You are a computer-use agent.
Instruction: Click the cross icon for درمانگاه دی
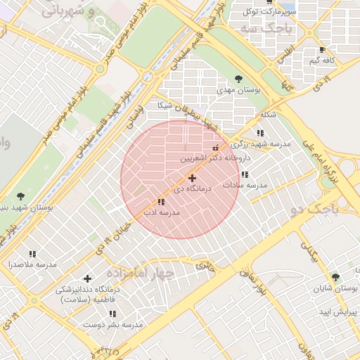point(192,179)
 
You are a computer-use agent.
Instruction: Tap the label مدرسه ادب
point(162,212)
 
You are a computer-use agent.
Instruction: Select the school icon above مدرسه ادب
point(162,202)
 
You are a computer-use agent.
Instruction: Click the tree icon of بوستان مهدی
point(239,79)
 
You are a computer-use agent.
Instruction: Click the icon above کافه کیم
point(322,50)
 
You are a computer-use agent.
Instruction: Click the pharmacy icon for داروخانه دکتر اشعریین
point(215,148)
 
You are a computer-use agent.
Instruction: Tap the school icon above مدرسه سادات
point(245,174)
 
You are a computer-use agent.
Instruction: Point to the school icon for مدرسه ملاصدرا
point(32,254)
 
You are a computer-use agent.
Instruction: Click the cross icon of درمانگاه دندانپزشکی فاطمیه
point(87,279)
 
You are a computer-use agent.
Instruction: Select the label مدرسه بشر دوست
point(112,325)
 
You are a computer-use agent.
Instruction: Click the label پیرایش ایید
point(340,311)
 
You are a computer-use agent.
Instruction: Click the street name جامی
point(204,266)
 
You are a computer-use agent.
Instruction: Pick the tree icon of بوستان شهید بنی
point(20,197)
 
